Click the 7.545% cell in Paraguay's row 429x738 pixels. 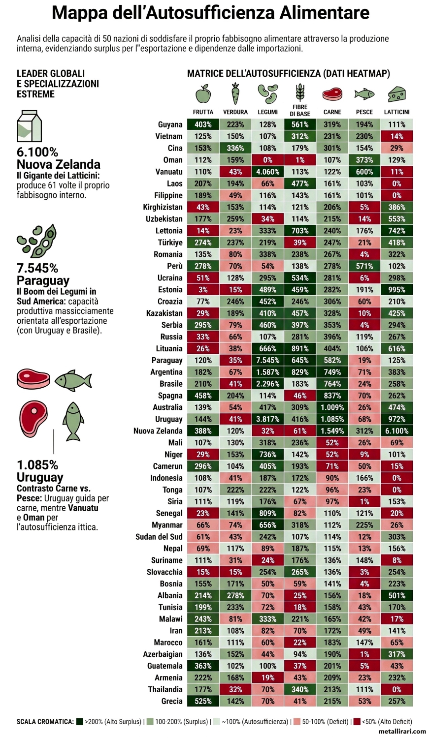point(267,360)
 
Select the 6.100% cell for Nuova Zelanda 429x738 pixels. point(396,431)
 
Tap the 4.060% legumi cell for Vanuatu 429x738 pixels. point(267,172)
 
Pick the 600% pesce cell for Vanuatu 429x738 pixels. point(364,172)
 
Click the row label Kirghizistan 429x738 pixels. point(163,207)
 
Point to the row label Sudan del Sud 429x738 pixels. point(159,537)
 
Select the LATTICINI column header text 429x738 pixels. point(396,112)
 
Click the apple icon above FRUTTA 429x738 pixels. point(203,93)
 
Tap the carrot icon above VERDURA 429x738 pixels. point(235,93)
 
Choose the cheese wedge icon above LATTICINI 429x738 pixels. point(396,93)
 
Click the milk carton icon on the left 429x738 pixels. point(29,126)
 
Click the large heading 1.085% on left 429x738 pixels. point(37,465)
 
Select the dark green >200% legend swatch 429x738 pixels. point(79,722)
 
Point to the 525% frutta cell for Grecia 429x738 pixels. point(203,701)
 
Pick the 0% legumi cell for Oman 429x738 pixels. point(267,160)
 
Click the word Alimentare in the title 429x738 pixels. point(324,13)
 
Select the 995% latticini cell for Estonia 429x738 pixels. point(396,290)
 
